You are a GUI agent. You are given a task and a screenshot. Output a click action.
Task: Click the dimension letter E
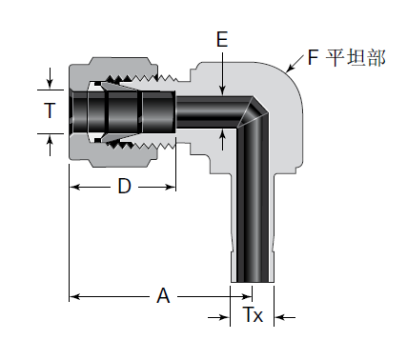tap(222, 39)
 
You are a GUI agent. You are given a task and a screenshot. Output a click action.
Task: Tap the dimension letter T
tap(50, 110)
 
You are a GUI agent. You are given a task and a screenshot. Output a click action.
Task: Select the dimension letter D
tap(124, 187)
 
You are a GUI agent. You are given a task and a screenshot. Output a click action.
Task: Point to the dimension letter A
tap(163, 296)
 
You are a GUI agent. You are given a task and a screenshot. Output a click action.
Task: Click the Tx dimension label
tap(253, 314)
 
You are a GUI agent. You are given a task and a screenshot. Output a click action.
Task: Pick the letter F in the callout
tap(313, 57)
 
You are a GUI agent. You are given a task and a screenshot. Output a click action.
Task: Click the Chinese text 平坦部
tap(356, 57)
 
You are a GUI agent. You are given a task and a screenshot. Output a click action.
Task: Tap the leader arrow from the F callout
tap(295, 63)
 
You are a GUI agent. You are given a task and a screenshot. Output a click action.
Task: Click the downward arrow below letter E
tap(222, 74)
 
